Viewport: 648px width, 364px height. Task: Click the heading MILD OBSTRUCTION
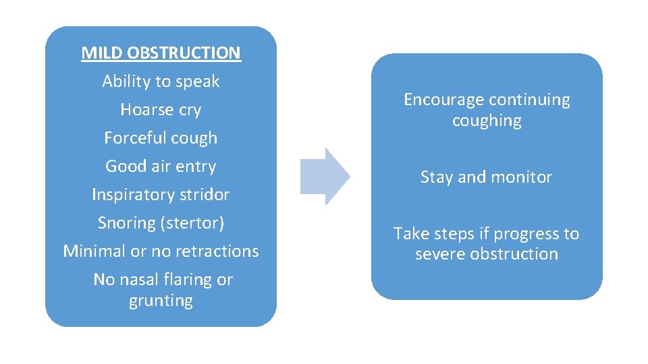161,53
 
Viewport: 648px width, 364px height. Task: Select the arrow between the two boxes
325,176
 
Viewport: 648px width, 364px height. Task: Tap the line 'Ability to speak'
161,82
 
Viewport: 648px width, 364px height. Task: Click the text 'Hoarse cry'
161,110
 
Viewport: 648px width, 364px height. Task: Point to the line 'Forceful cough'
161,138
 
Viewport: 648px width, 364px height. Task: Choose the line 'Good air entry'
161,166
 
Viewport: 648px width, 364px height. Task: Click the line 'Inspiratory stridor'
161,195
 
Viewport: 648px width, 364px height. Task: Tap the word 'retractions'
216,251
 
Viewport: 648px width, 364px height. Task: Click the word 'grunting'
161,301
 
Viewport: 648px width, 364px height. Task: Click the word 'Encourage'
443,100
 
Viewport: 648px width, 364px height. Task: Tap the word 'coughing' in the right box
487,121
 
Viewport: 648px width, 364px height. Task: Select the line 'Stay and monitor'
486,177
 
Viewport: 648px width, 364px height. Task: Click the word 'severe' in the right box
438,254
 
